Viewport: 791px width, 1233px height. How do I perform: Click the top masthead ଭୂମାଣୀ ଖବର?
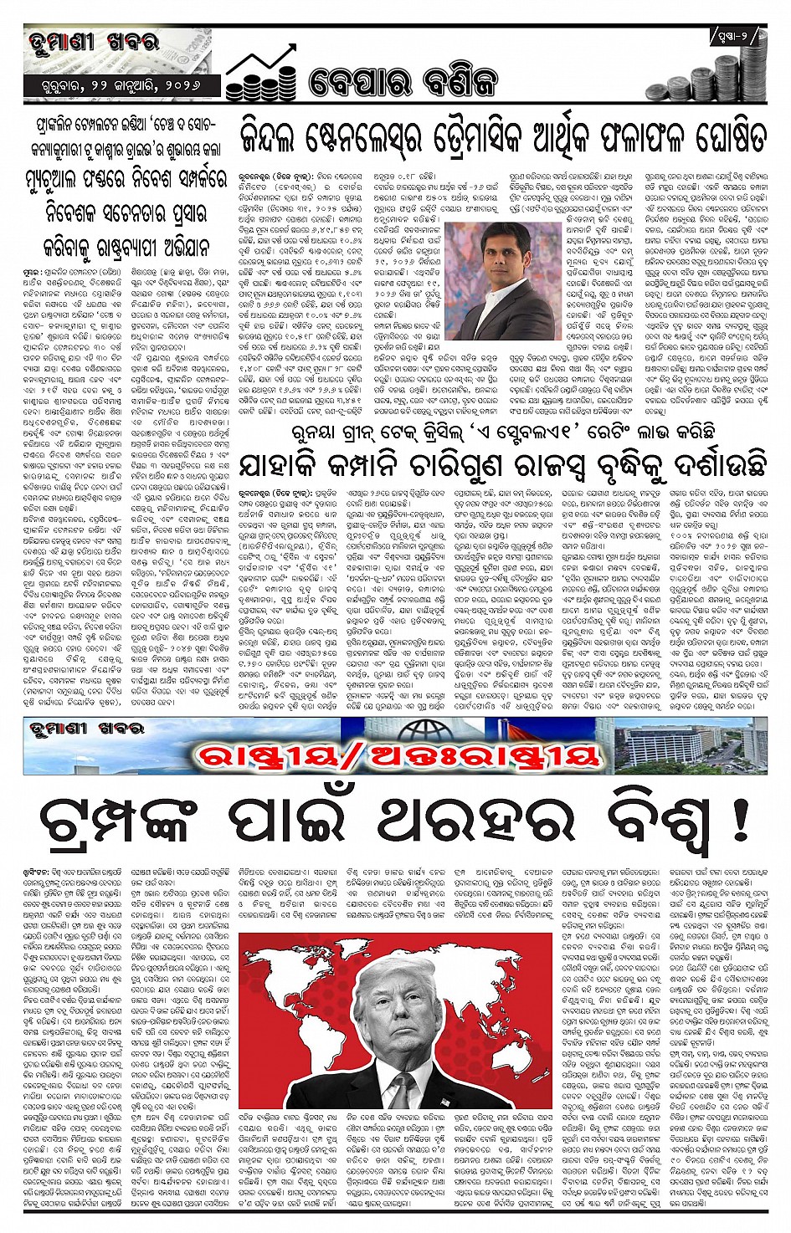pyautogui.click(x=93, y=42)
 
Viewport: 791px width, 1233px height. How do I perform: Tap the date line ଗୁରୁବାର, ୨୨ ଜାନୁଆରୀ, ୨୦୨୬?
pyautogui.click(x=121, y=86)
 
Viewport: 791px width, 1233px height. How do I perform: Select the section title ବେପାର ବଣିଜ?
pyautogui.click(x=403, y=82)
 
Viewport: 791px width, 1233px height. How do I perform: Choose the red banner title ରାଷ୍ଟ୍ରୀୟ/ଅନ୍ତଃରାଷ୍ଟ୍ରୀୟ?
pyautogui.click(x=398, y=755)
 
